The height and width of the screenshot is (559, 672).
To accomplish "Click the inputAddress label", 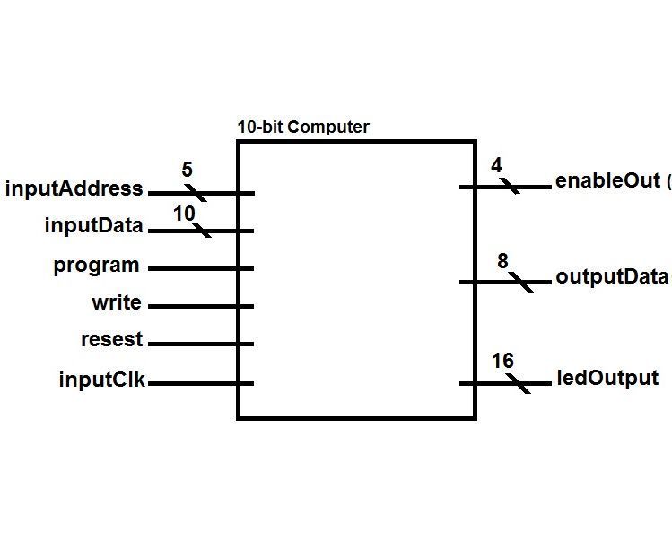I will [x=74, y=189].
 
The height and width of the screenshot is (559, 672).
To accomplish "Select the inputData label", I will [x=93, y=226].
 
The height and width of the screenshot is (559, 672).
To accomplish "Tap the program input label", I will [x=96, y=266].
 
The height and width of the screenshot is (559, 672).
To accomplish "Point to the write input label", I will [x=116, y=303].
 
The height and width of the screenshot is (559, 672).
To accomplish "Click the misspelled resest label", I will [x=111, y=341].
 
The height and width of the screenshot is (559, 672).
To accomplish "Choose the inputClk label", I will [x=101, y=380].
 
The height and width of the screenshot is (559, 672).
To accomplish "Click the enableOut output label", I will [x=608, y=180].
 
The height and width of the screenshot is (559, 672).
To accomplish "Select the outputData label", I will [x=612, y=276].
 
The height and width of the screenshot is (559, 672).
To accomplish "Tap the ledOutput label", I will [x=607, y=379].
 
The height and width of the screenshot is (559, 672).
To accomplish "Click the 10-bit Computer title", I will [x=302, y=127].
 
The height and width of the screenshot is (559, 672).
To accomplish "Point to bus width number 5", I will [x=187, y=170].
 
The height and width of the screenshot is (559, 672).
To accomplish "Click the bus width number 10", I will [x=184, y=214].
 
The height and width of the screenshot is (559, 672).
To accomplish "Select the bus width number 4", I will [x=496, y=166].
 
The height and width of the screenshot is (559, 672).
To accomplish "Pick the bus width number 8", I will [x=502, y=261].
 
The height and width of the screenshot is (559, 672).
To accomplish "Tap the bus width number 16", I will [x=502, y=361].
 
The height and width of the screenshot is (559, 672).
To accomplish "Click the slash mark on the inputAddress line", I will [x=196, y=193].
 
